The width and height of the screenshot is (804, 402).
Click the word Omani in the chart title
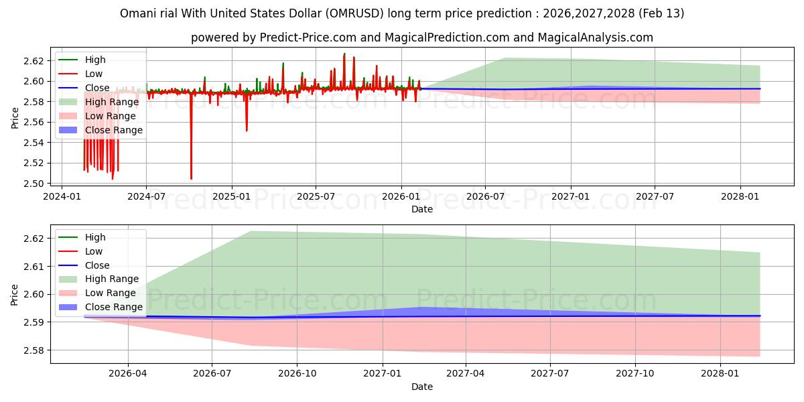pos(137,13)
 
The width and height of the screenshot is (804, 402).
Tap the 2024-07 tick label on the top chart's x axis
pos(146,196)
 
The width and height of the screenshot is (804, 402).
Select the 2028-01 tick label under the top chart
pos(740,196)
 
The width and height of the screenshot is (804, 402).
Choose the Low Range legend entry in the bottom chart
pos(110,293)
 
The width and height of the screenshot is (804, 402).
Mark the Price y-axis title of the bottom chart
pos(15,294)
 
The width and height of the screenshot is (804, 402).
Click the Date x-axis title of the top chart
pos(422,209)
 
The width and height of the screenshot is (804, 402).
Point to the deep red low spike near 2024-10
pos(191,177)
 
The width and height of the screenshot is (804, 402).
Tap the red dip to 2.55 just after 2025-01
pos(247,129)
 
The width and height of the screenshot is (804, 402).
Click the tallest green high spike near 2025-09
pos(344,54)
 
